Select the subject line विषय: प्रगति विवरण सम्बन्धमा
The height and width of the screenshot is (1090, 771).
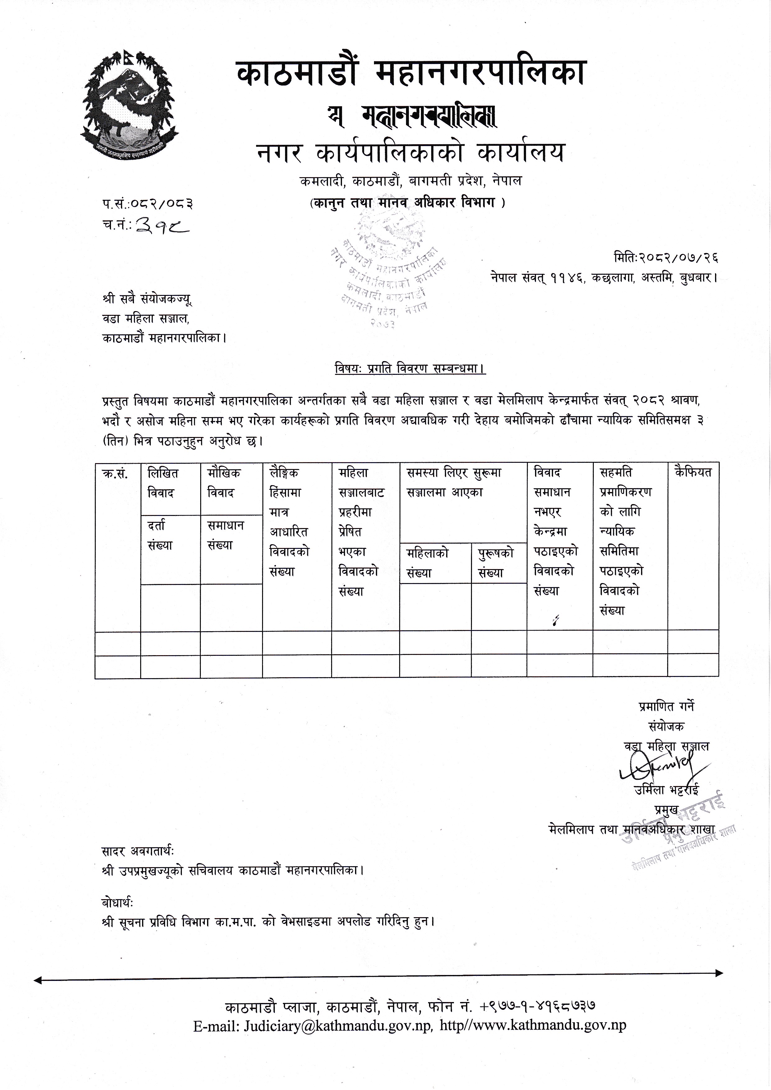409,368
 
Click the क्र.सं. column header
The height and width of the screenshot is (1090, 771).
115,473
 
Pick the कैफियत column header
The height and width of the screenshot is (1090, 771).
692,472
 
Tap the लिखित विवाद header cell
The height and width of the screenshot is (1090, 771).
163,483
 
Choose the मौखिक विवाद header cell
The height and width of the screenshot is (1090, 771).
224,483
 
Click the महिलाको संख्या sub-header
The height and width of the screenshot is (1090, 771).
427,563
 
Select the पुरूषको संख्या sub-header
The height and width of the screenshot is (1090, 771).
496,563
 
